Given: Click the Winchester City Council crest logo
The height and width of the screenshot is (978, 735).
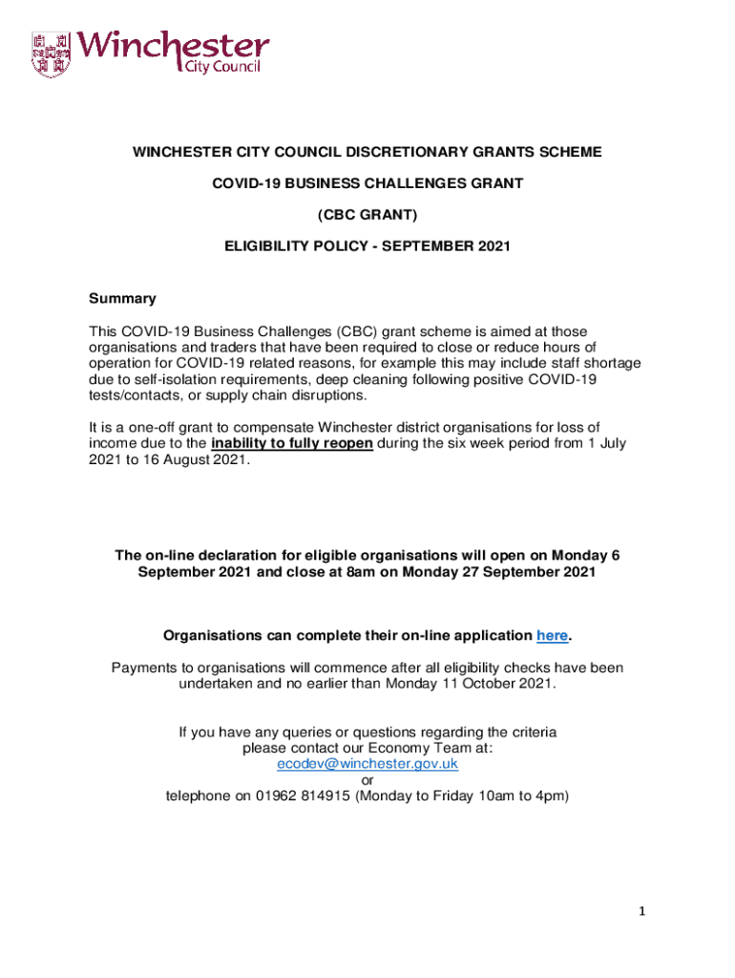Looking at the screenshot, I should [51, 54].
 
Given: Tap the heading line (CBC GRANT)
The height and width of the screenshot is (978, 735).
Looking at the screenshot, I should [367, 215].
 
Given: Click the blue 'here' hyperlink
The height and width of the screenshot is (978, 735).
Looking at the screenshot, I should [553, 636].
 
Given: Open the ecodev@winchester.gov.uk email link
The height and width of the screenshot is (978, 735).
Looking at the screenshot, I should [367, 764].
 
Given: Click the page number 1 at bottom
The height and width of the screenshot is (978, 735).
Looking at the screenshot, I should [643, 912].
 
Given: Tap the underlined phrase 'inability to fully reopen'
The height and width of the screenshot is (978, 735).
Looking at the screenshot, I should [292, 443].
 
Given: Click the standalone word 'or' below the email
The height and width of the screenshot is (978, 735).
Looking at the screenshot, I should [367, 779].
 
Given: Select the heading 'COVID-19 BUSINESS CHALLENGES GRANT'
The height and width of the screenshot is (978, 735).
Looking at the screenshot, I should [367, 183].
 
